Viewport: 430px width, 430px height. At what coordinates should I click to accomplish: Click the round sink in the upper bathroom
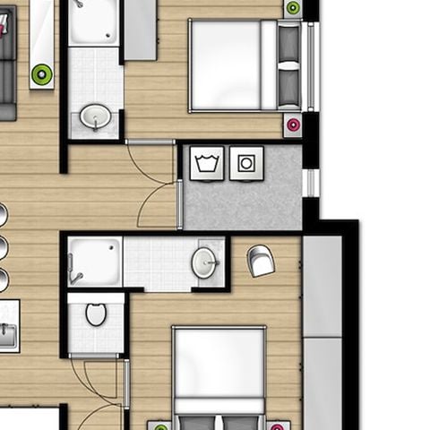(x=95, y=116)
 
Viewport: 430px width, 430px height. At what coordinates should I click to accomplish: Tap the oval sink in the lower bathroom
(x=204, y=262)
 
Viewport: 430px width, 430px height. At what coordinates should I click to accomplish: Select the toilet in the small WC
(x=96, y=314)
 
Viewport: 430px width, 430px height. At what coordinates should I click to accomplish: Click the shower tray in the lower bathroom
(x=95, y=262)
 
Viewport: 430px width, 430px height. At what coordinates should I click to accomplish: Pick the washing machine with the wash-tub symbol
(x=207, y=163)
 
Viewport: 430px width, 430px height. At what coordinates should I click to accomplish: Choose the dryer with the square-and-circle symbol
(x=246, y=163)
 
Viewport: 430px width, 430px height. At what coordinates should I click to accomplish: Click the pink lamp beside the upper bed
(x=292, y=125)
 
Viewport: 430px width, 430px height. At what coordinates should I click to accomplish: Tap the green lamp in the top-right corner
(x=293, y=8)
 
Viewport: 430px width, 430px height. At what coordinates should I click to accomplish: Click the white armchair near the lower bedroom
(x=261, y=260)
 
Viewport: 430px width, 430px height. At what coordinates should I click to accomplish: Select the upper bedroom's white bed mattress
(x=225, y=64)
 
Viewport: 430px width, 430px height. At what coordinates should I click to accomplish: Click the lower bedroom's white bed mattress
(x=219, y=363)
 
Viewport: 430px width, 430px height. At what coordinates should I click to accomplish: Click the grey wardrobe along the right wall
(x=322, y=331)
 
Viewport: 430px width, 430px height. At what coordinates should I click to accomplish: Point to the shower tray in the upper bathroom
(x=93, y=21)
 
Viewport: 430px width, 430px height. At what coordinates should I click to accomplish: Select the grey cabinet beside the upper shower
(x=140, y=29)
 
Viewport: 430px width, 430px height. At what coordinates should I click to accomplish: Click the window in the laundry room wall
(x=311, y=183)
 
